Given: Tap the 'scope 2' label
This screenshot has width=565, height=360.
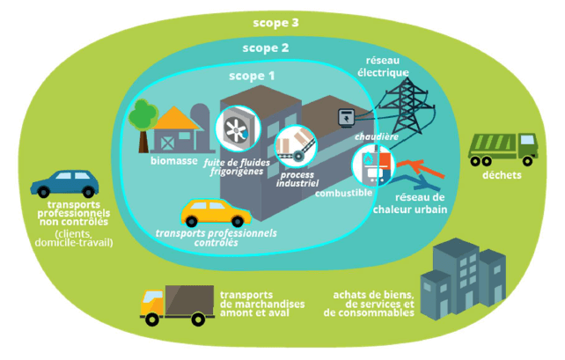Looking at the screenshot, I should click(265, 48).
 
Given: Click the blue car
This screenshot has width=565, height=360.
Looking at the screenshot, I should click(64, 184).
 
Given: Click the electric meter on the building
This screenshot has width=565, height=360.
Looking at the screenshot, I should click(344, 116).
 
